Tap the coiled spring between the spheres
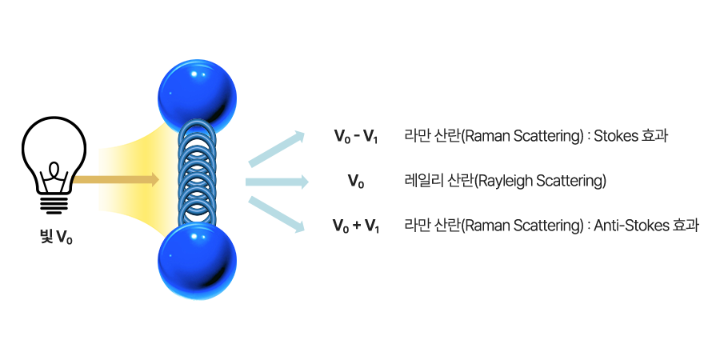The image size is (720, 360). pos(197,172)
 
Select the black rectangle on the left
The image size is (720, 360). pos(54,165)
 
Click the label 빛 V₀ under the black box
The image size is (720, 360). pos(55,236)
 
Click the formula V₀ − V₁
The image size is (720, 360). pos(355,138)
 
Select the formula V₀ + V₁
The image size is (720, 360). pos(355,227)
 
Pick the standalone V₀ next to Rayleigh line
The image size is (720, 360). pos(356,183)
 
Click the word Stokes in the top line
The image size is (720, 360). pos(614,137)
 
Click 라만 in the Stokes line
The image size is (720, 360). pos(416,137)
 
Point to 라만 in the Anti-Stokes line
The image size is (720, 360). pos(416,226)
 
